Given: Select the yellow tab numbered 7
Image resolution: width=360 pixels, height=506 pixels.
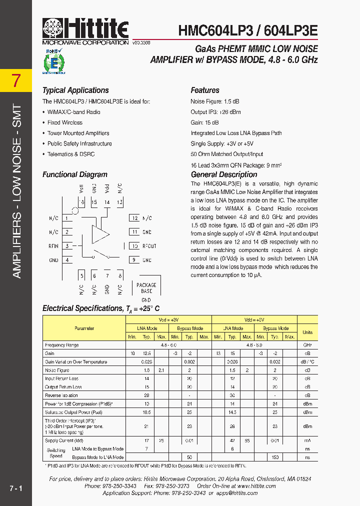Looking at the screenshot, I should (x=16, y=80).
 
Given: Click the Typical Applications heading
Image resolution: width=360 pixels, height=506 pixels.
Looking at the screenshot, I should (x=75, y=90).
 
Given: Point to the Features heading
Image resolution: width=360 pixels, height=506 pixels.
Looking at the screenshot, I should (x=205, y=90).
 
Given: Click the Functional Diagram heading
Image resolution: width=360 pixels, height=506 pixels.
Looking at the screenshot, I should (x=75, y=174).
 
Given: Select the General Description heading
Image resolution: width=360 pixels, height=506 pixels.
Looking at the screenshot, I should (x=224, y=174).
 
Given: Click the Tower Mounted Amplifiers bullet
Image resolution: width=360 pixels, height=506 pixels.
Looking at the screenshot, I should (x=78, y=133).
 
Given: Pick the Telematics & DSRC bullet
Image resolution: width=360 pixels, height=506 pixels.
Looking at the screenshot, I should (x=70, y=154).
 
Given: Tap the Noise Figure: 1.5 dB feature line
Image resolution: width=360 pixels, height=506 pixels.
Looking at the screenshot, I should (x=216, y=101).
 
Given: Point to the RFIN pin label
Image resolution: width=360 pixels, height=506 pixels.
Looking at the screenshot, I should (x=53, y=246).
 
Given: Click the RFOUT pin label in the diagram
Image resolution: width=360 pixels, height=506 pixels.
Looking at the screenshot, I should (x=149, y=246).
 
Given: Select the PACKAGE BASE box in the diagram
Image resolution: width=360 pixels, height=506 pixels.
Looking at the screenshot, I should (x=146, y=288).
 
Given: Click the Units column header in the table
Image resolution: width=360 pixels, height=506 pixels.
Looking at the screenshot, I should (x=307, y=332).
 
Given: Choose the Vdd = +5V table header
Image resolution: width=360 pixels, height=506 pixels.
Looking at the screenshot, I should (x=254, y=319).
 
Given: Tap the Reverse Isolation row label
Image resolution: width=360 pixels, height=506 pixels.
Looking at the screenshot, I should (x=61, y=395).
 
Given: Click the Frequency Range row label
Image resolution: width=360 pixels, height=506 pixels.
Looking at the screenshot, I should (x=62, y=345).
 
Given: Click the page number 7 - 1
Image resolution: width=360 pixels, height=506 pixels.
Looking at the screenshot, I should (x=15, y=487).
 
